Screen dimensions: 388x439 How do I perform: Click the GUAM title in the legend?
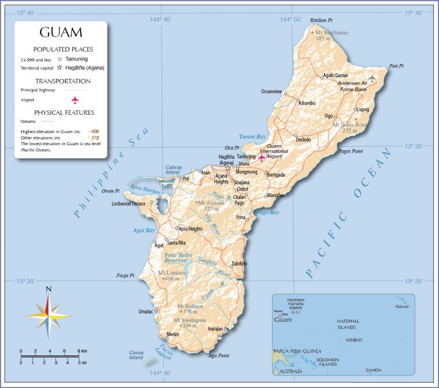point(61,32)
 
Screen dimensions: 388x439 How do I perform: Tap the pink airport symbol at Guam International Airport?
point(262,157)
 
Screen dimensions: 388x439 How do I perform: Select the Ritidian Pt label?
point(321,20)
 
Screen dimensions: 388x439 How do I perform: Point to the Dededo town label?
point(304,140)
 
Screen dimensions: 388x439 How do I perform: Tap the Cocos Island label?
point(136,355)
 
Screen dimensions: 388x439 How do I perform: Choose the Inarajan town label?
point(215,329)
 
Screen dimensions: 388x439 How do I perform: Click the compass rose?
point(49,315)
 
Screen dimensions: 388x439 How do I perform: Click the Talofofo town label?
point(239,263)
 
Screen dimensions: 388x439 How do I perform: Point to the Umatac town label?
point(146,311)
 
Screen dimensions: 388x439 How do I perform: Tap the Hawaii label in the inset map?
point(402,307)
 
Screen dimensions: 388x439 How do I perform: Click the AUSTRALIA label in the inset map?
point(290,372)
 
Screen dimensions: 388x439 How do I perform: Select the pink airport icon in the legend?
point(75,100)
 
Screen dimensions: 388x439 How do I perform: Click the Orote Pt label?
point(110,191)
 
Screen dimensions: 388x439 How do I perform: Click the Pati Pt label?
point(397,66)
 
